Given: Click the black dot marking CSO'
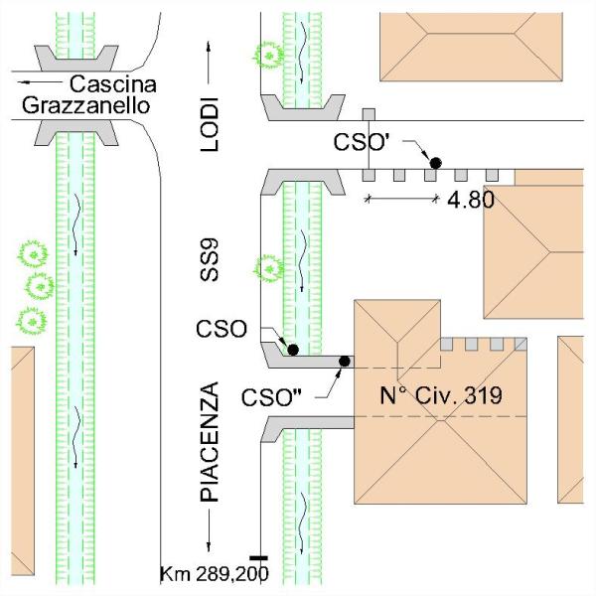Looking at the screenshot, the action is (x=434, y=161).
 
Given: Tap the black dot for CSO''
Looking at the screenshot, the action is (x=345, y=361).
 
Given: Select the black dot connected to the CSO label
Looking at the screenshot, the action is (x=293, y=349).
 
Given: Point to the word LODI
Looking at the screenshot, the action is (x=209, y=124).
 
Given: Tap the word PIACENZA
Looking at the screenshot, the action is (x=209, y=440).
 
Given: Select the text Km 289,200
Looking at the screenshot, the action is (x=215, y=573).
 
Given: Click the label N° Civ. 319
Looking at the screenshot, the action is (x=442, y=394).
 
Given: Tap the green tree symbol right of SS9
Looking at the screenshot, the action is (x=266, y=268).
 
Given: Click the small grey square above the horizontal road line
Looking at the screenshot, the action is (x=369, y=114).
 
